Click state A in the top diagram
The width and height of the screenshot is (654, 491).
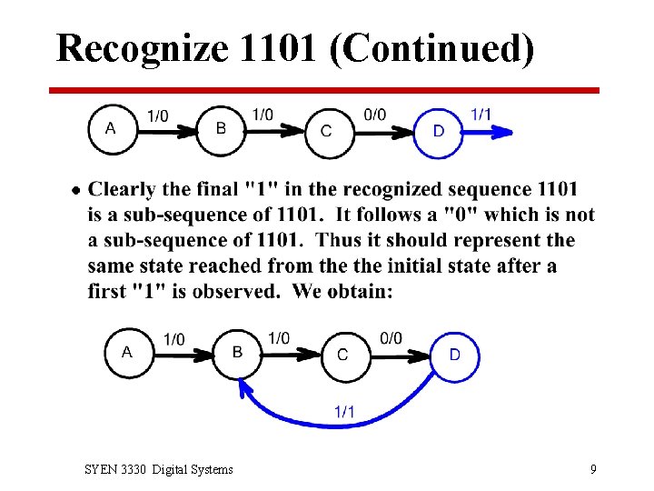(111, 128)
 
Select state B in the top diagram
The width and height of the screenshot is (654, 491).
(221, 128)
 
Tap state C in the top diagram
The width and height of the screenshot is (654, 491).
(326, 131)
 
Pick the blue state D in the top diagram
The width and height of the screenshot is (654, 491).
(438, 131)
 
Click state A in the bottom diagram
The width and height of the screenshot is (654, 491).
(127, 351)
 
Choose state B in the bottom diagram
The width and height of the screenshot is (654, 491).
(237, 352)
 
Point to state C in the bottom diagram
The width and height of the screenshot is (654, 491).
(342, 355)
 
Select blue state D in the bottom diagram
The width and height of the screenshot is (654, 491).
(454, 354)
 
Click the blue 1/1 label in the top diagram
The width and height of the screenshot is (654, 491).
(481, 114)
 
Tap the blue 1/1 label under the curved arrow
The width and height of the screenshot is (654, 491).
(344, 412)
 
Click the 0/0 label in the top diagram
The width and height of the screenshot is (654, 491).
(374, 114)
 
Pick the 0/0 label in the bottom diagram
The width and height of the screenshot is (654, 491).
(391, 338)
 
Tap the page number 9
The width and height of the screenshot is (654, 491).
(593, 469)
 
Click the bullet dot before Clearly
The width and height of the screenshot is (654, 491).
(75, 190)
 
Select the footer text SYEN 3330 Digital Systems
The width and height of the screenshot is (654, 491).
(158, 469)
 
